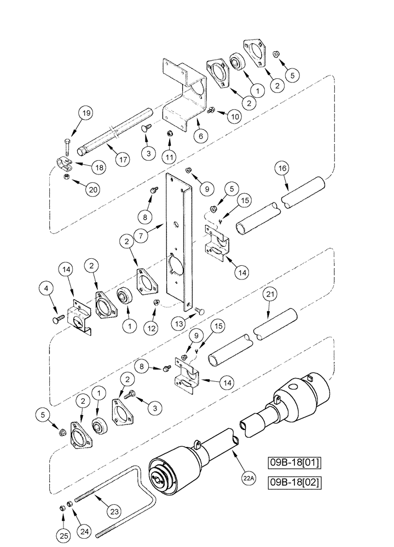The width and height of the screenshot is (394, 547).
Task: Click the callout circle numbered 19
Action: click(x=86, y=114)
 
